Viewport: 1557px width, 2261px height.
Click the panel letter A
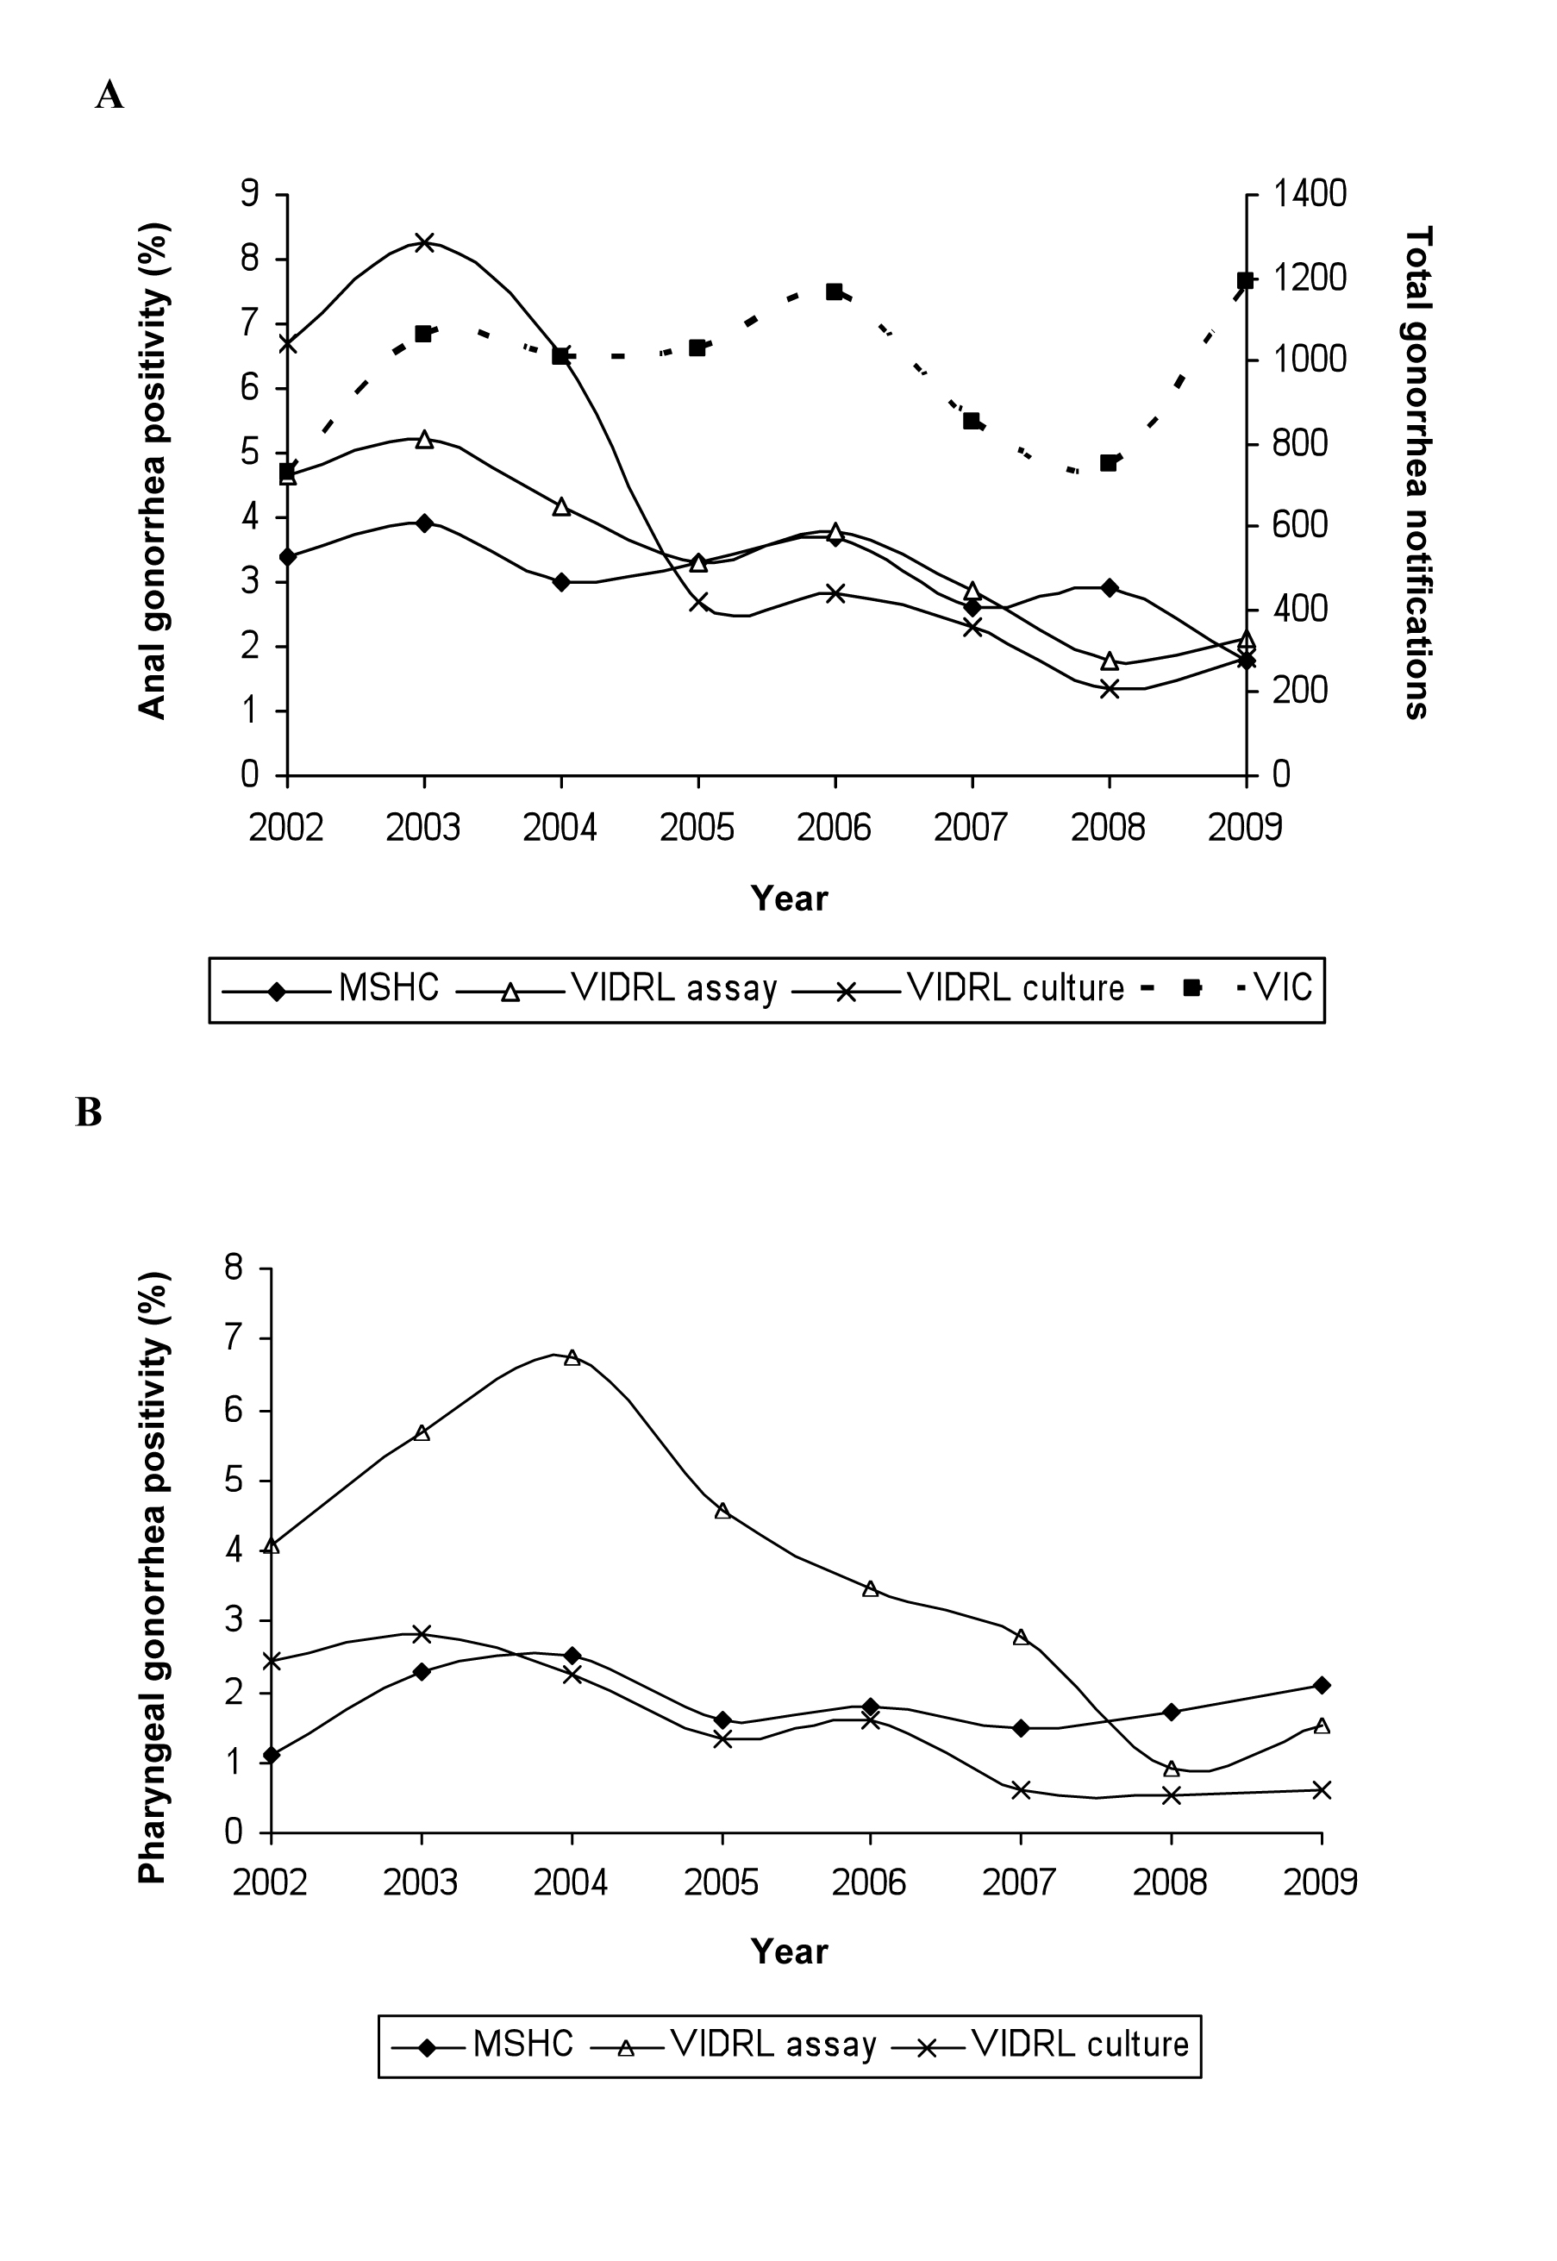pos(109,95)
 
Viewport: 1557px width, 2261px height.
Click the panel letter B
pos(89,1112)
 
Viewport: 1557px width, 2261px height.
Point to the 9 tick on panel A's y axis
pos(250,193)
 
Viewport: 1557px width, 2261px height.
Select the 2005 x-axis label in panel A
pos(697,828)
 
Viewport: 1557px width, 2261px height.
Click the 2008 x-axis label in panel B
pos(1171,1882)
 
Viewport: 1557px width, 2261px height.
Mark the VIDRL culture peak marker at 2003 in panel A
pos(423,242)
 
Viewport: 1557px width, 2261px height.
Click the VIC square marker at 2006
pos(835,291)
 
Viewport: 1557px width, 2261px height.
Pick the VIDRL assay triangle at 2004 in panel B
pos(572,1356)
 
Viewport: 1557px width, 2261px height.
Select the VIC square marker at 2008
pos(1108,462)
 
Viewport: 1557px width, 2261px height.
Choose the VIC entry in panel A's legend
pos(1284,987)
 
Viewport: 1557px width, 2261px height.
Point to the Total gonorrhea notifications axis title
pos(1416,473)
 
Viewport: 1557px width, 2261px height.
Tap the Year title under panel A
pos(789,898)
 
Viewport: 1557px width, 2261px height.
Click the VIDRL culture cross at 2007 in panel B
pos(1022,1789)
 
